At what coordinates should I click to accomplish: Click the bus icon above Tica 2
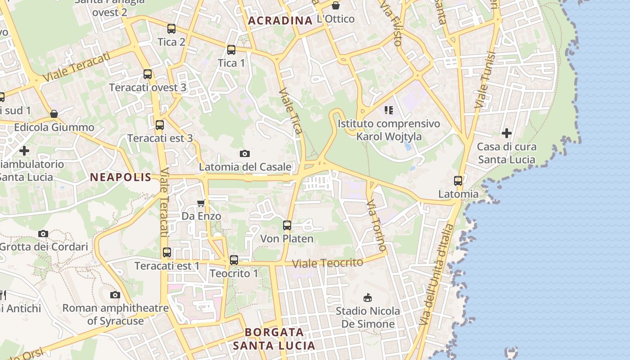pos(171,29)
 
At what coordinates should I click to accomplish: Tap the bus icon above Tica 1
pos(231,50)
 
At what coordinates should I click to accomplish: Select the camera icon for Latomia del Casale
pos(245,154)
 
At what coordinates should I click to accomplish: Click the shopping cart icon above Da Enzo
pos(201,203)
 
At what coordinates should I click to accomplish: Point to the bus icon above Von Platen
pos(287,225)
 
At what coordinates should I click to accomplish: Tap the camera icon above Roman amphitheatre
pos(115,295)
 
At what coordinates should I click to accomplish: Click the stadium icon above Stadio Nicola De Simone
pos(368,297)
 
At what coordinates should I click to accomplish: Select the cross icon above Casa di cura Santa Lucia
pos(507,133)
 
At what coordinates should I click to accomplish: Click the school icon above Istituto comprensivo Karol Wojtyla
pos(389,110)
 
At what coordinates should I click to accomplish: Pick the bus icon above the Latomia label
pos(458,181)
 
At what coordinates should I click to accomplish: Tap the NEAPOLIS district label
pos(121,177)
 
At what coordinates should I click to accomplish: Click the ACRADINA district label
pos(280,21)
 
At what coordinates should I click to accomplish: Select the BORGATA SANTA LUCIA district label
pos(274,339)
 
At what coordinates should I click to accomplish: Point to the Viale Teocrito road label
pos(327,263)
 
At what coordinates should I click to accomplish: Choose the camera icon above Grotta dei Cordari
pos(43,234)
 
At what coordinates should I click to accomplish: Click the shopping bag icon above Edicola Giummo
pos(54,114)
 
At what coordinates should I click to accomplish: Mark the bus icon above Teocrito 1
pos(234,260)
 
